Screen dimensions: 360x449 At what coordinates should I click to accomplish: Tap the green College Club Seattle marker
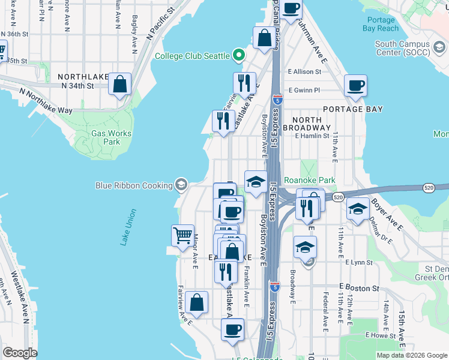click(239, 56)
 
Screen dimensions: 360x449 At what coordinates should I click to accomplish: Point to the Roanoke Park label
click(309, 179)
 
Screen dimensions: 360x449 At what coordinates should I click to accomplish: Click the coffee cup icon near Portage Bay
click(356, 85)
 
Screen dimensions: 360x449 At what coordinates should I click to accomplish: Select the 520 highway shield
click(337, 197)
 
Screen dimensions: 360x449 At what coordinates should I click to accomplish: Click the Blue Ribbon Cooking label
click(134, 185)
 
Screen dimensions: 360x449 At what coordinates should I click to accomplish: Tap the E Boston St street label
click(359, 288)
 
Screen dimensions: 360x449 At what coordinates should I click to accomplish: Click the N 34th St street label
click(77, 86)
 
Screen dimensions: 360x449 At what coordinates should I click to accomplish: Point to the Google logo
click(20, 353)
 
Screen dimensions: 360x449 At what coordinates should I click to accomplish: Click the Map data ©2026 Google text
click(411, 355)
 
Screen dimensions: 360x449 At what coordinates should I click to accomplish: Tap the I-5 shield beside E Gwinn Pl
click(277, 100)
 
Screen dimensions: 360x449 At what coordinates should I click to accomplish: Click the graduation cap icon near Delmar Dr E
click(358, 210)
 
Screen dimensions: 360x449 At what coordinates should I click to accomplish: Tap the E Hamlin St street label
click(312, 136)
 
